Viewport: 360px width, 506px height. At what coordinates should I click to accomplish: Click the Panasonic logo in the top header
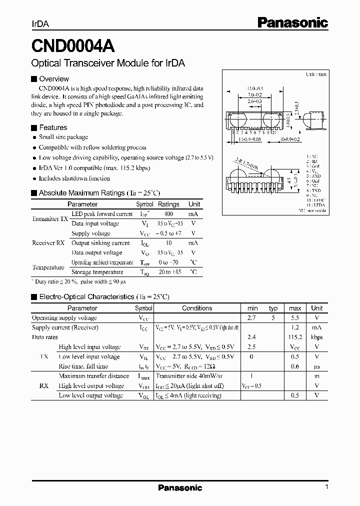pos(292,22)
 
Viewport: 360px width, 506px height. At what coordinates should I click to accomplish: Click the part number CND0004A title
pos(73,46)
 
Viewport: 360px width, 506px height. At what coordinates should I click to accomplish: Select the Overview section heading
pos(53,78)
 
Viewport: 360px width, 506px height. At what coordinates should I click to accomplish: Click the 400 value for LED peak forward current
pos(168,214)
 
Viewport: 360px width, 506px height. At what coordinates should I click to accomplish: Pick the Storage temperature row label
pos(97,272)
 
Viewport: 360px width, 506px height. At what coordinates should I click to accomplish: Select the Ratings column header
pos(168,204)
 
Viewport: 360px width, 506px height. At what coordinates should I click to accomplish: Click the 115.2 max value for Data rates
pos(295,337)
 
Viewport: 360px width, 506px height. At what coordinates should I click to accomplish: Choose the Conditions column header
pos(197,308)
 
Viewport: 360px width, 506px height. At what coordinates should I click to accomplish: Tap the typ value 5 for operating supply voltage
pos(273,317)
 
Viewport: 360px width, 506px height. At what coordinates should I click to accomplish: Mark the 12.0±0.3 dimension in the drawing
pos(254,88)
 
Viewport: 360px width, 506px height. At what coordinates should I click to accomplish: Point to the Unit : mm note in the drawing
pos(316,74)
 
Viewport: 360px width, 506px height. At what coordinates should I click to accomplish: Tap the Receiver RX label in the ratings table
pos(48,243)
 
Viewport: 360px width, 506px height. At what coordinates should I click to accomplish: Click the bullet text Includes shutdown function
pos(74,178)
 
